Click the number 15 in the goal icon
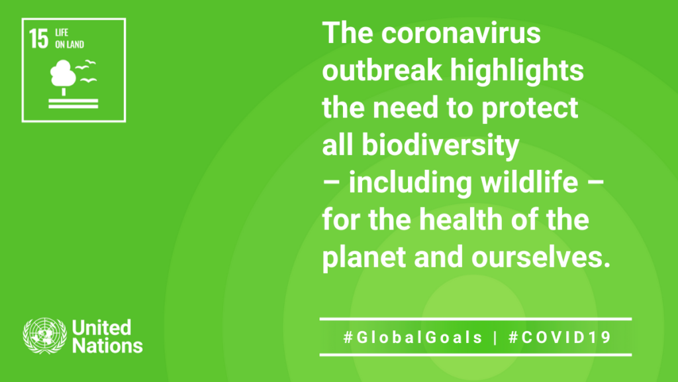pyautogui.click(x=39, y=38)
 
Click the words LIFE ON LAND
pyautogui.click(x=69, y=38)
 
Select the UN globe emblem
pyautogui.click(x=45, y=336)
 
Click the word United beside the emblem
pyautogui.click(x=101, y=328)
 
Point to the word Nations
pyautogui.click(x=108, y=346)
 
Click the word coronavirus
pyautogui.click(x=461, y=33)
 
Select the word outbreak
pyautogui.click(x=382, y=70)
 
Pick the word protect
pyautogui.click(x=530, y=109)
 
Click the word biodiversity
pyautogui.click(x=440, y=146)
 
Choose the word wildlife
pyautogui.click(x=529, y=182)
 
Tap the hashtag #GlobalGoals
pyautogui.click(x=413, y=338)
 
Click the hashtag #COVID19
pyautogui.click(x=560, y=338)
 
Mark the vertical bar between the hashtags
pyautogui.click(x=495, y=338)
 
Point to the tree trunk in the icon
pyautogui.click(x=64, y=92)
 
